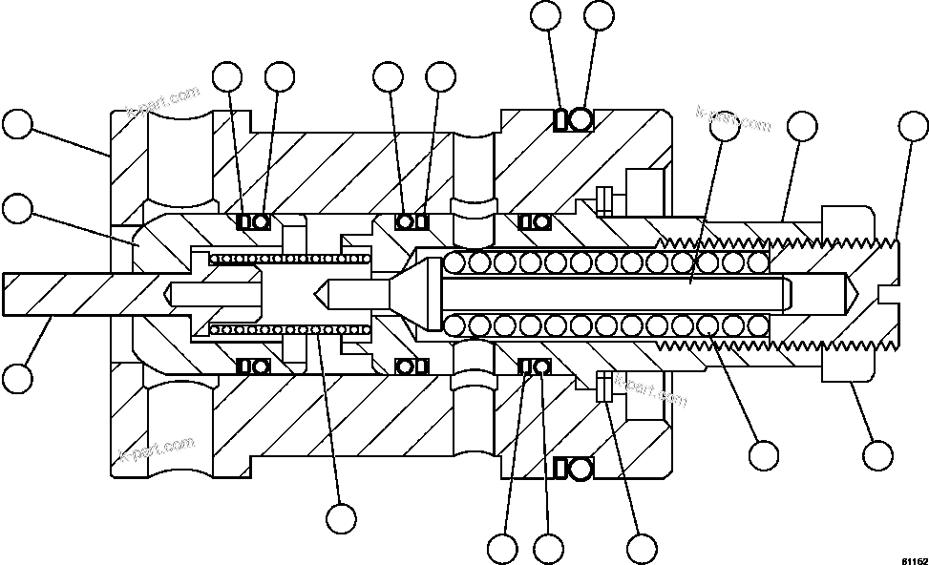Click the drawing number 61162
coord(912,560)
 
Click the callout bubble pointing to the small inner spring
coord(341,518)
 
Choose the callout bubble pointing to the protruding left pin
coord(16,378)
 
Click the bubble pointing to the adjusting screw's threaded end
coord(913,125)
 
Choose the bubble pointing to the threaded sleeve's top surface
coord(801,125)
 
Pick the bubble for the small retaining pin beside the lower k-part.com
coord(642,549)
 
